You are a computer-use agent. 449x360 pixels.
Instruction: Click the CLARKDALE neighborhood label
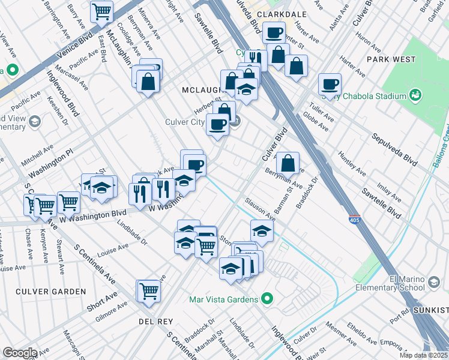pos(282,14)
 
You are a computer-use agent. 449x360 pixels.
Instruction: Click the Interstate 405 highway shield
pos(354,220)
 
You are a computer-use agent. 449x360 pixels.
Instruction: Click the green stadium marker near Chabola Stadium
pos(414,95)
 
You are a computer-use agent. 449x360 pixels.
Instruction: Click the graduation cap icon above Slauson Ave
pos(262,230)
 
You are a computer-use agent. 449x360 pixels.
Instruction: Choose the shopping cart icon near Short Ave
pos(149,291)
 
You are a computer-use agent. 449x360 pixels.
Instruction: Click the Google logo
pos(20,353)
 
